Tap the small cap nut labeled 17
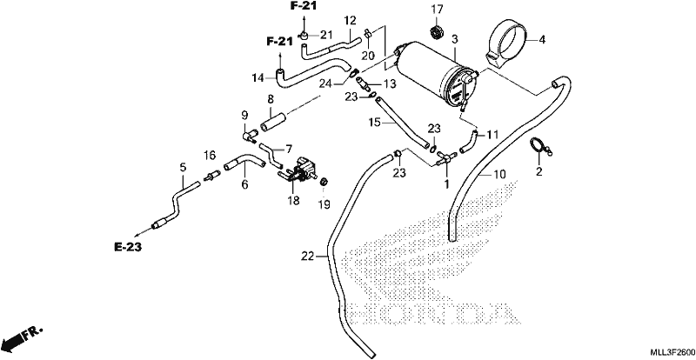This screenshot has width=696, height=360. pyautogui.click(x=437, y=33)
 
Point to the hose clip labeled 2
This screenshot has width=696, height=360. pyautogui.click(x=541, y=146)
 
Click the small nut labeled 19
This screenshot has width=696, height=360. pyautogui.click(x=324, y=182)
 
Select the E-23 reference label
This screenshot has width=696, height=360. pyautogui.click(x=128, y=247)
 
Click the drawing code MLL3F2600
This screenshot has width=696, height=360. pyautogui.click(x=673, y=352)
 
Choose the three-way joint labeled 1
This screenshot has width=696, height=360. pyautogui.click(x=445, y=159)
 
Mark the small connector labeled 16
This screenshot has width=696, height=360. pyautogui.click(x=211, y=176)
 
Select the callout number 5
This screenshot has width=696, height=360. pyautogui.click(x=183, y=167)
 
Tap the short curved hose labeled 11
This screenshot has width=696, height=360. pyautogui.click(x=469, y=141)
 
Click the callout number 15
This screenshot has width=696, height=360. pyautogui.click(x=375, y=122)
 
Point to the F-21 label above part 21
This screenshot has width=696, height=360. pyautogui.click(x=304, y=7)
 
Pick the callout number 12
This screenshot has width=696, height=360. pyautogui.click(x=350, y=20)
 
